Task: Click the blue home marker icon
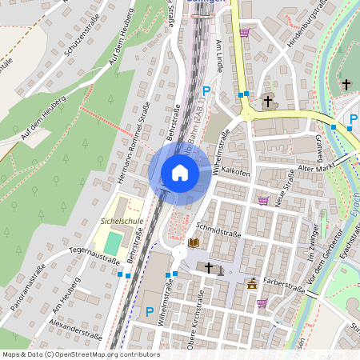point(179,172)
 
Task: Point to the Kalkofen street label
point(237,170)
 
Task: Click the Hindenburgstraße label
point(309,20)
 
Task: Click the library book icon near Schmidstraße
point(194,242)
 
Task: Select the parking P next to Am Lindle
point(206,92)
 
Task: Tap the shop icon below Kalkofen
point(263,201)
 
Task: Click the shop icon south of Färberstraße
point(262,303)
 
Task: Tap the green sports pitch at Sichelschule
point(115,240)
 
